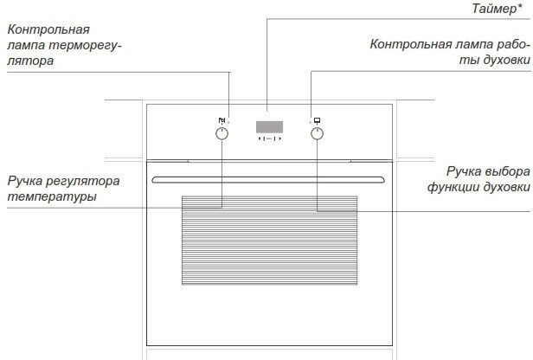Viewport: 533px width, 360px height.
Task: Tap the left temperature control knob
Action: [x=222, y=134]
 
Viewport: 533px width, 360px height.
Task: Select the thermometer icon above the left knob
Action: [x=222, y=120]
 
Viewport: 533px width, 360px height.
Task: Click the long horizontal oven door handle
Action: [x=269, y=179]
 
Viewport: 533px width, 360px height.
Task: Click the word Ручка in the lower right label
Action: [x=463, y=171]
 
